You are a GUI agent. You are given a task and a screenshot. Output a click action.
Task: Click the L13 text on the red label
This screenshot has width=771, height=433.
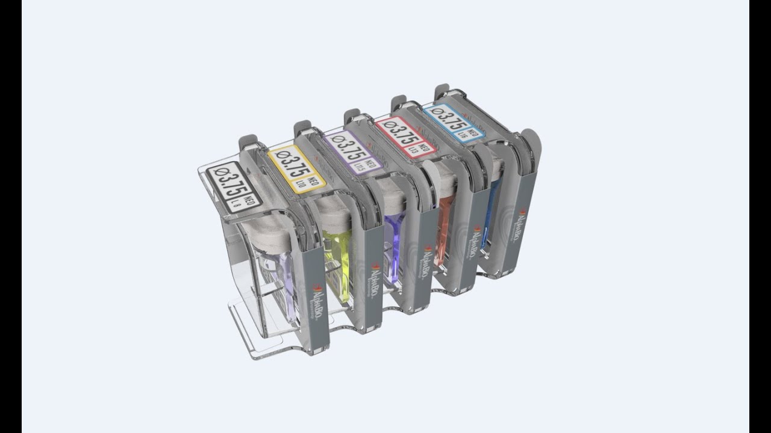point(415,147)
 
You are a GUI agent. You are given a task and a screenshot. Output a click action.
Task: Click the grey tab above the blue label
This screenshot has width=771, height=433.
point(442,90)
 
